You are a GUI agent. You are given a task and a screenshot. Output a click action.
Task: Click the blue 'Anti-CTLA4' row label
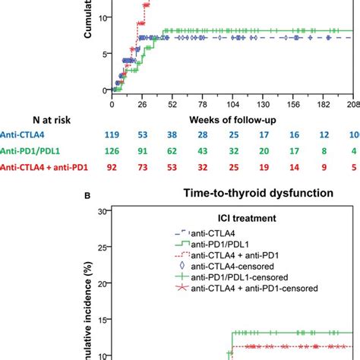[x=23, y=134]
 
